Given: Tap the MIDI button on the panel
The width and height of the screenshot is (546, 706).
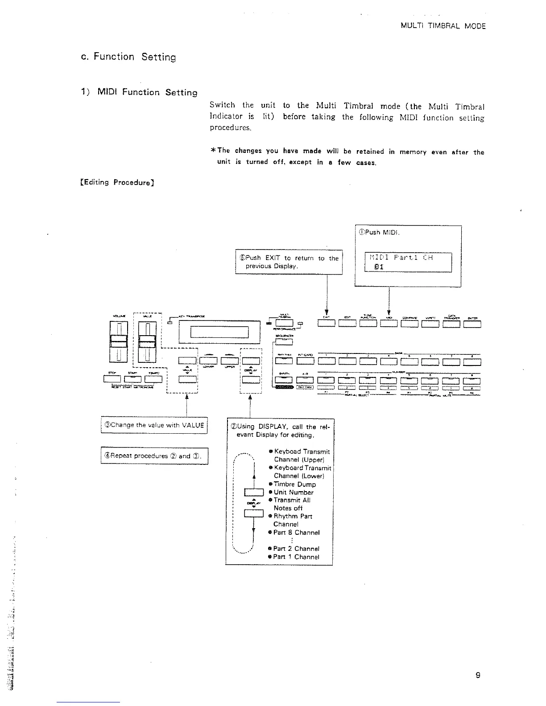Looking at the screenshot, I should [389, 324].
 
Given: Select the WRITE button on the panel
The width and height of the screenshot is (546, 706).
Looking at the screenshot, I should [430, 324].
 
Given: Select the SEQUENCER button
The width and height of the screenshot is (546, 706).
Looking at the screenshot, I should [284, 342].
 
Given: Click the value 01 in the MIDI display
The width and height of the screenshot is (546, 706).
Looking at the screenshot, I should [379, 267].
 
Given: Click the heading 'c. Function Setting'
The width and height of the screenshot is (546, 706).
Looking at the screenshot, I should [126, 57].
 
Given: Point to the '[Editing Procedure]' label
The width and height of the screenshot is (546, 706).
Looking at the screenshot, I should [116, 182].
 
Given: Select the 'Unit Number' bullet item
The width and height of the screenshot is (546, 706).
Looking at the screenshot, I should [293, 492].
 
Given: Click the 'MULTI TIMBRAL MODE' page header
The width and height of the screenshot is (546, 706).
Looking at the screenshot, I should [443, 26].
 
